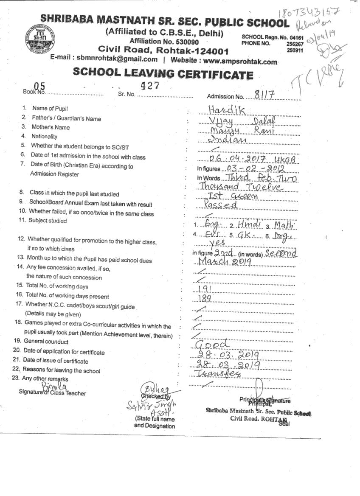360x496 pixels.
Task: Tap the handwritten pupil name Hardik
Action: click(227, 110)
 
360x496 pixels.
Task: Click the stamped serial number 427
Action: click(150, 85)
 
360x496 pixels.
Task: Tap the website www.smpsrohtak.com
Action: click(240, 61)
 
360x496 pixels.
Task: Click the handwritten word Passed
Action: click(220, 205)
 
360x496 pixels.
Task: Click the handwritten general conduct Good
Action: click(214, 344)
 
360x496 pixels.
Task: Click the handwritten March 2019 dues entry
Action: click(222, 261)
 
